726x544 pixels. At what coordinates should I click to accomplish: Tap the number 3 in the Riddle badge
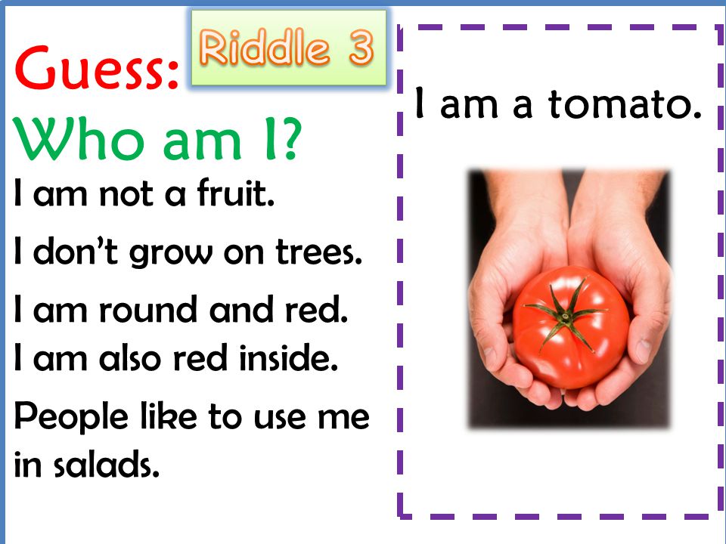361,48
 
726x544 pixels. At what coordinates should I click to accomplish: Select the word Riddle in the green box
265,46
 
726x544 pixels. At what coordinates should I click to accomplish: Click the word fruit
236,192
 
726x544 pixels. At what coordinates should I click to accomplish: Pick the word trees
318,252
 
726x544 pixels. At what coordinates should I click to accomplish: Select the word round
147,309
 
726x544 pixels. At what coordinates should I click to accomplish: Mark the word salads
107,463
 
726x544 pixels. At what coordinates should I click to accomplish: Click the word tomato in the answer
625,104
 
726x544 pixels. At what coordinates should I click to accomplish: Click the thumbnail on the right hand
644,351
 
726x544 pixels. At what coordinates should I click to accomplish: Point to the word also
129,357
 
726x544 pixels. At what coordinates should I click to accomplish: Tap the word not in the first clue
126,193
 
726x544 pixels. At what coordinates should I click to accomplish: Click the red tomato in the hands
571,327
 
